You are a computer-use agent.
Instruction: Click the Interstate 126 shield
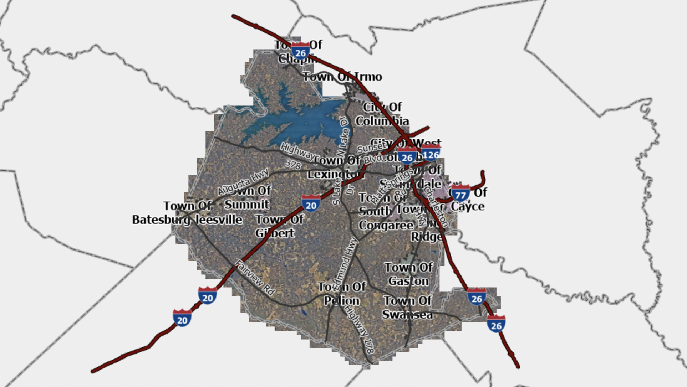click(431, 153)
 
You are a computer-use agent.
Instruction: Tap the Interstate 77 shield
click(460, 193)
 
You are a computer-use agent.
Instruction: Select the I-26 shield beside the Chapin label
click(300, 51)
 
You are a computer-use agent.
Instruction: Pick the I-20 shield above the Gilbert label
click(311, 203)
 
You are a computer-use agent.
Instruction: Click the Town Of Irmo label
click(342, 77)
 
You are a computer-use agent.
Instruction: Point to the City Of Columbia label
click(382, 114)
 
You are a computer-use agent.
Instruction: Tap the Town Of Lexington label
click(335, 167)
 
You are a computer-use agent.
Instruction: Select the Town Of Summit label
click(247, 197)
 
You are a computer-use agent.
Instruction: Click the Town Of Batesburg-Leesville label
click(187, 213)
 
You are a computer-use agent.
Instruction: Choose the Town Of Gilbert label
click(279, 226)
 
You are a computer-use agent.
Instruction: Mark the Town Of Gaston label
click(408, 274)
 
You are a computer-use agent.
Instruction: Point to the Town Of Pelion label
click(342, 294)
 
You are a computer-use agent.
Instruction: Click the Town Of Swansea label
click(407, 308)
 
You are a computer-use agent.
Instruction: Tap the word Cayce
click(467, 206)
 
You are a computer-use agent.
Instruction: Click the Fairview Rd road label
click(255, 278)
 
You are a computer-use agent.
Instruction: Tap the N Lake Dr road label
click(343, 137)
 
